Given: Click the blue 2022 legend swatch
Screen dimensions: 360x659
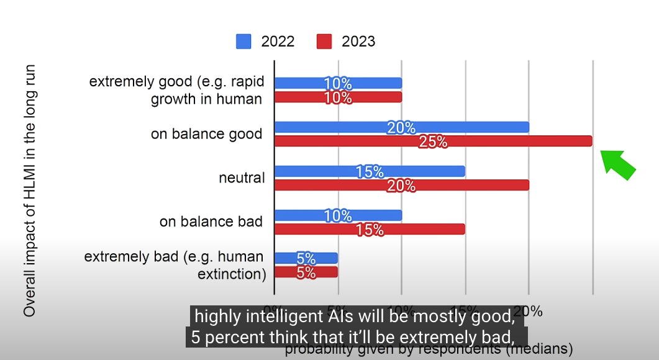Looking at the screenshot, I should [x=243, y=42].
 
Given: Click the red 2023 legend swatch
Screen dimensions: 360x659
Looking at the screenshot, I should [x=324, y=42].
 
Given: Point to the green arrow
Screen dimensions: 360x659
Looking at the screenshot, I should [x=619, y=164].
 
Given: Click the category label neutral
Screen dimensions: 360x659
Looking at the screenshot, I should [x=242, y=178].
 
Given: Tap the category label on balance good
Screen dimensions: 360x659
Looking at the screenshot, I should [x=207, y=134].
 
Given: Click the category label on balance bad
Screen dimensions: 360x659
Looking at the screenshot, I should [x=211, y=222].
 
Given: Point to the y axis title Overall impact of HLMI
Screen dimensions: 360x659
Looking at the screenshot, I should [x=30, y=190].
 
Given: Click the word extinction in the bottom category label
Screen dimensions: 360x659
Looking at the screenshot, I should [x=231, y=274].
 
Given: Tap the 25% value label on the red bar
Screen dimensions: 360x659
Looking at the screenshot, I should [x=433, y=142].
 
